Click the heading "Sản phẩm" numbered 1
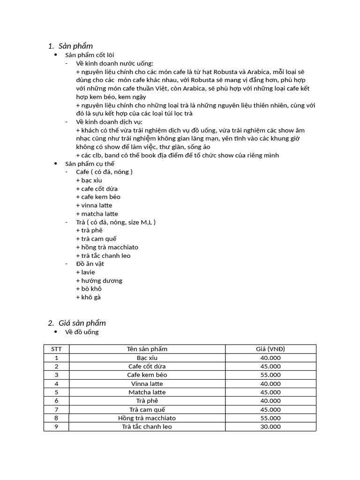[75, 46]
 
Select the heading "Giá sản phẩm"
[82, 323]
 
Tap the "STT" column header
[56, 349]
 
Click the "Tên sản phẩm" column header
[147, 349]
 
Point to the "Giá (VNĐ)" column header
[270, 349]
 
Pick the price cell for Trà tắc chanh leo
[270, 427]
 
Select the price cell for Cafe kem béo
[270, 375]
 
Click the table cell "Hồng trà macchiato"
[147, 418]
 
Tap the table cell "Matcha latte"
[147, 392]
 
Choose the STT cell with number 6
[56, 401]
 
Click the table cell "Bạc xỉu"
[147, 358]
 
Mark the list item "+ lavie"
[85, 272]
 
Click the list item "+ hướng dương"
[99, 281]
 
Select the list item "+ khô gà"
[88, 297]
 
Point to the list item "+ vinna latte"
[94, 205]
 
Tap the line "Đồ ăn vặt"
[90, 264]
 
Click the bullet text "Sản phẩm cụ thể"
[90, 164]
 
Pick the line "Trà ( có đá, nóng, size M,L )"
[115, 222]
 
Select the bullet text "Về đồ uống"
[82, 332]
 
